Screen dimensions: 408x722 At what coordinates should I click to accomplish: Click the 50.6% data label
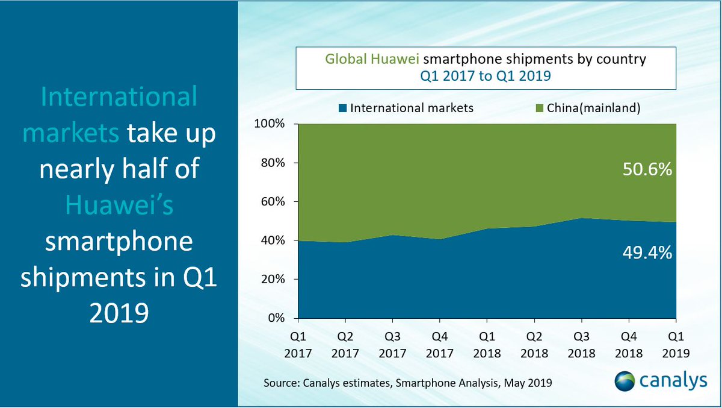(646, 172)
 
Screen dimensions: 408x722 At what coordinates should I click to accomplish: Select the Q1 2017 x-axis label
(297, 343)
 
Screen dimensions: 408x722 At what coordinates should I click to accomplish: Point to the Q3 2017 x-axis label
(392, 343)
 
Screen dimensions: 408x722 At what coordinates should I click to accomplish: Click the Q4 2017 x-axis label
(439, 343)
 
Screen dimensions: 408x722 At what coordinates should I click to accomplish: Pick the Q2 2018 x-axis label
(534, 343)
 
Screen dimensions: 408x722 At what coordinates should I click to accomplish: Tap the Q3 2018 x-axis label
(581, 343)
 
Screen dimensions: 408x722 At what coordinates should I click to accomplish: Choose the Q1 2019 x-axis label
(676, 343)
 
